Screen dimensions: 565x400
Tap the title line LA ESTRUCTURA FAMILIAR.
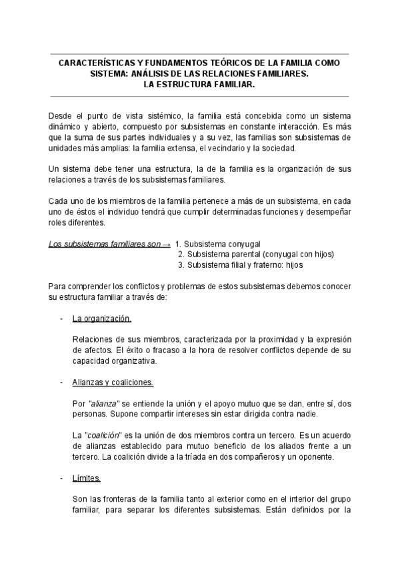199,85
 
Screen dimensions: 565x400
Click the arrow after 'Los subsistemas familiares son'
166,244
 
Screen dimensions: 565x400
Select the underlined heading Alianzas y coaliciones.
113,382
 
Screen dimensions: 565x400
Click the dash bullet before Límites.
62,479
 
